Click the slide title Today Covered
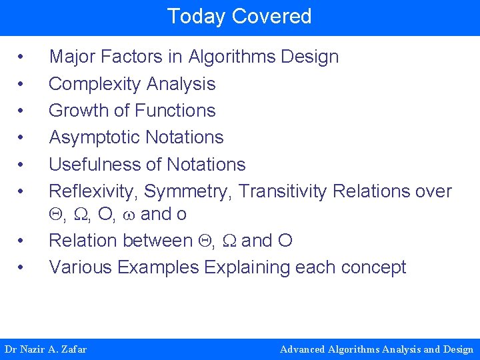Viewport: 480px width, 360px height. click(239, 16)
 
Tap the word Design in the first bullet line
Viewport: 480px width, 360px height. click(310, 57)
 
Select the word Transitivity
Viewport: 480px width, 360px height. click(283, 191)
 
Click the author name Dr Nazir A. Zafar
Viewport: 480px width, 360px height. click(45, 349)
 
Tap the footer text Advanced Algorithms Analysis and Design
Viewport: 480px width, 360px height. click(377, 349)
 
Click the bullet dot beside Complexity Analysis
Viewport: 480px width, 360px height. click(23, 84)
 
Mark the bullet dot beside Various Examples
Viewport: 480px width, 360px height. click(23, 267)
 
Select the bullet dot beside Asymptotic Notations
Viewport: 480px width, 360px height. click(23, 137)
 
